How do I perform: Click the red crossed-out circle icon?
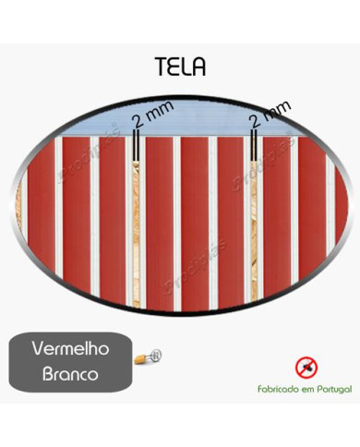pos(305,368)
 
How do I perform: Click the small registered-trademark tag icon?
pos(148,355)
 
